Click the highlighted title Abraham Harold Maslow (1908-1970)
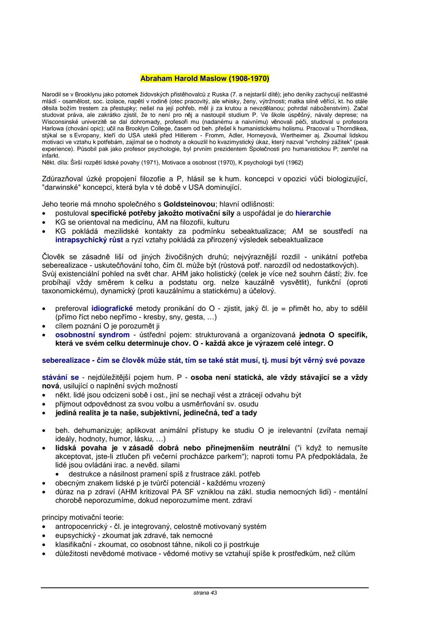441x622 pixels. pos(205,78)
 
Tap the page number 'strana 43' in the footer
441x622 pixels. pos(205,593)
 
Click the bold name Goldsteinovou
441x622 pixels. pos(189,204)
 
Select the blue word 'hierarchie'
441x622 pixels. pos(313,213)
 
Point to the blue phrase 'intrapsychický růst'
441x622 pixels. pos(89,240)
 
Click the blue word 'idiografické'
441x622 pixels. pos(112,309)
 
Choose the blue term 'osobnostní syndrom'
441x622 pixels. pos(92,335)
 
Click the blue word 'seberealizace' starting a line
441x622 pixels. pos(66,360)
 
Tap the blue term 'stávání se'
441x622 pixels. pos(60,377)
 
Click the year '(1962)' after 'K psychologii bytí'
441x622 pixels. pos(294,162)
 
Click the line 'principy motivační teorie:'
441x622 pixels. pos(83,517)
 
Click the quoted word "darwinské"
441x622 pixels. pos(60,187)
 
